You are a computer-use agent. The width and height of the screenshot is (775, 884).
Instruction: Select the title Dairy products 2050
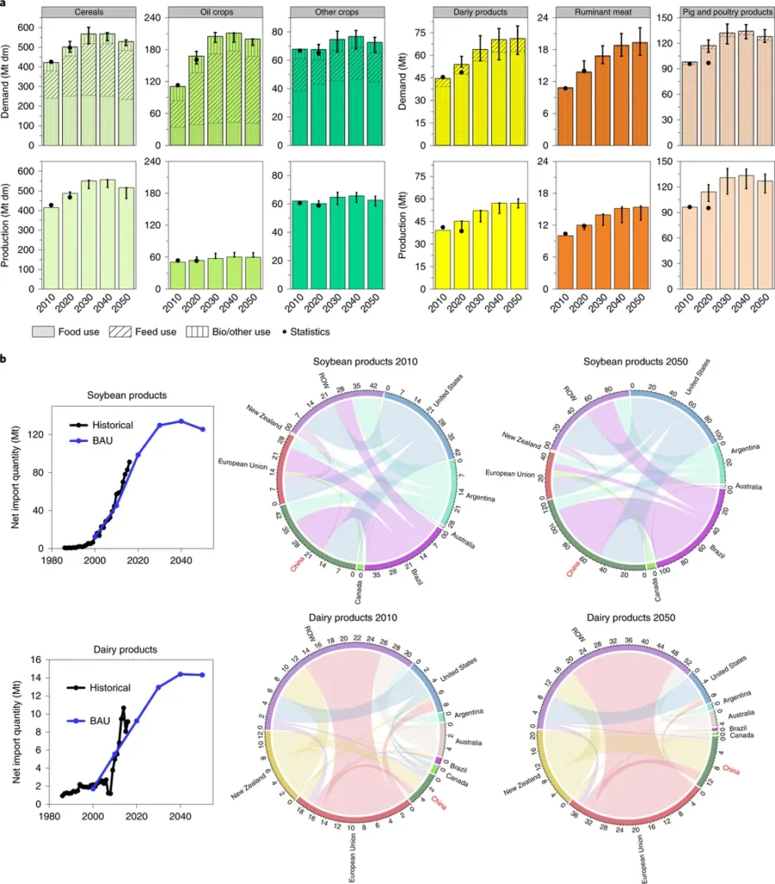click(632, 617)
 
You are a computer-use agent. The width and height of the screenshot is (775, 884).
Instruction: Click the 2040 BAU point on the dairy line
click(180, 674)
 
